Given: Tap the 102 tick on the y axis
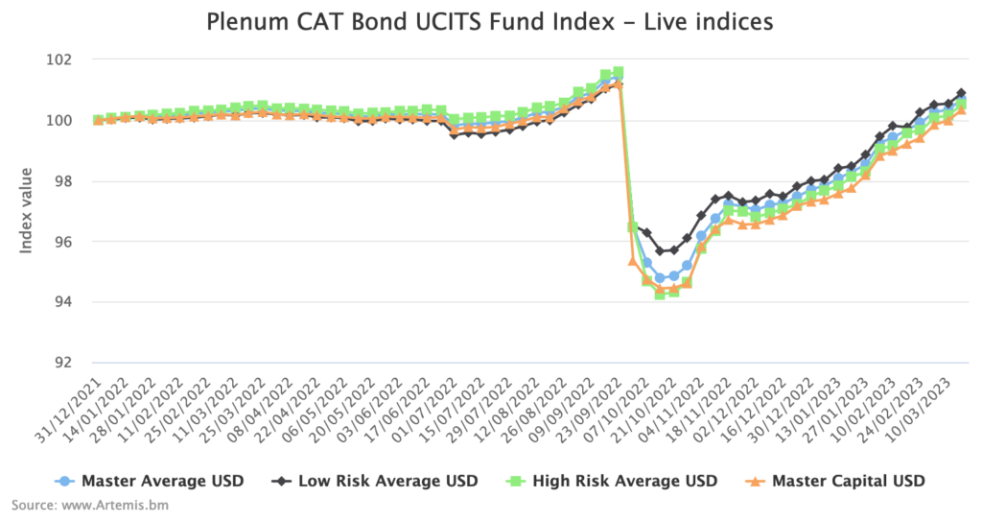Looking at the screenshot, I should (x=73, y=59).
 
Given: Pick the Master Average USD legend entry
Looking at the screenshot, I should (x=151, y=481).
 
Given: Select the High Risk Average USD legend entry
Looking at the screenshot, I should (x=623, y=481).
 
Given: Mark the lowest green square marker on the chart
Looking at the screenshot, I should (x=660, y=294).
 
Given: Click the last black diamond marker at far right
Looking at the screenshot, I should (x=961, y=93).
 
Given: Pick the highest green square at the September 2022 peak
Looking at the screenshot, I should (x=619, y=72).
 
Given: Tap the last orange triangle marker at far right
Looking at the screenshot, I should (x=961, y=108).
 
